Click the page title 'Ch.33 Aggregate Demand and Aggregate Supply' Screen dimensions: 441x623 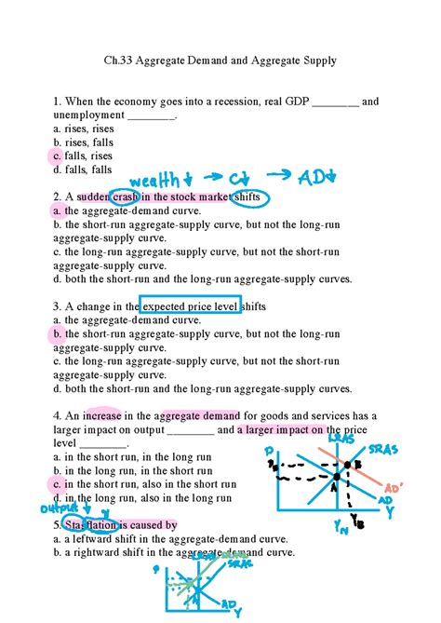click(220, 61)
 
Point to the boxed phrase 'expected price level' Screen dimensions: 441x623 click(190, 305)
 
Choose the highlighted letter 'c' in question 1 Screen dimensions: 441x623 click(57, 156)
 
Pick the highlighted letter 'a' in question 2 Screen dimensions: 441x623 click(57, 211)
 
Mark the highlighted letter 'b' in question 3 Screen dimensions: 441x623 click(57, 333)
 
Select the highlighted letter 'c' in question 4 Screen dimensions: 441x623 click(57, 484)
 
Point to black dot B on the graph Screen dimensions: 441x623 click(346, 464)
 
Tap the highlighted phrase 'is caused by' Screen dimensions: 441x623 click(145, 525)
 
